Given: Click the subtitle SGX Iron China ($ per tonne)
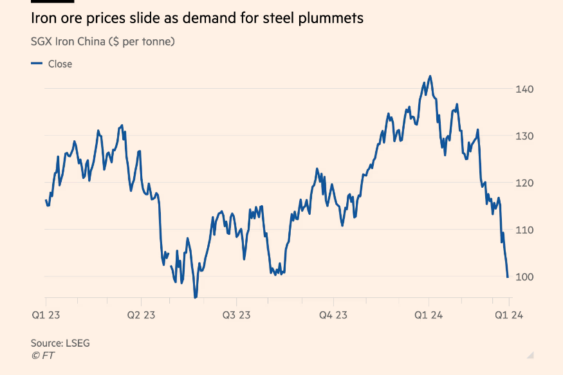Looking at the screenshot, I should tap(103, 42).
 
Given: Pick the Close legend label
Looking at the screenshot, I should tap(60, 64).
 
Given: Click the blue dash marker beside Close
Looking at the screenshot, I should tap(37, 64).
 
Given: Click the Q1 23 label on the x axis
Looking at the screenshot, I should tap(46, 315).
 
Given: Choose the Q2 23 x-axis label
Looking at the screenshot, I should tap(141, 315).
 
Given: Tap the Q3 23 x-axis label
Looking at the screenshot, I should tap(237, 315).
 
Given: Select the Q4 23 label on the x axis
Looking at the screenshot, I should tap(333, 315).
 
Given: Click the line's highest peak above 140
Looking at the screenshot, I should tap(430, 76).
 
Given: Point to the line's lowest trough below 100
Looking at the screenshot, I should tap(196, 297).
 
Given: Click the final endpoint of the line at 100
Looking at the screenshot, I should tap(508, 277).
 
